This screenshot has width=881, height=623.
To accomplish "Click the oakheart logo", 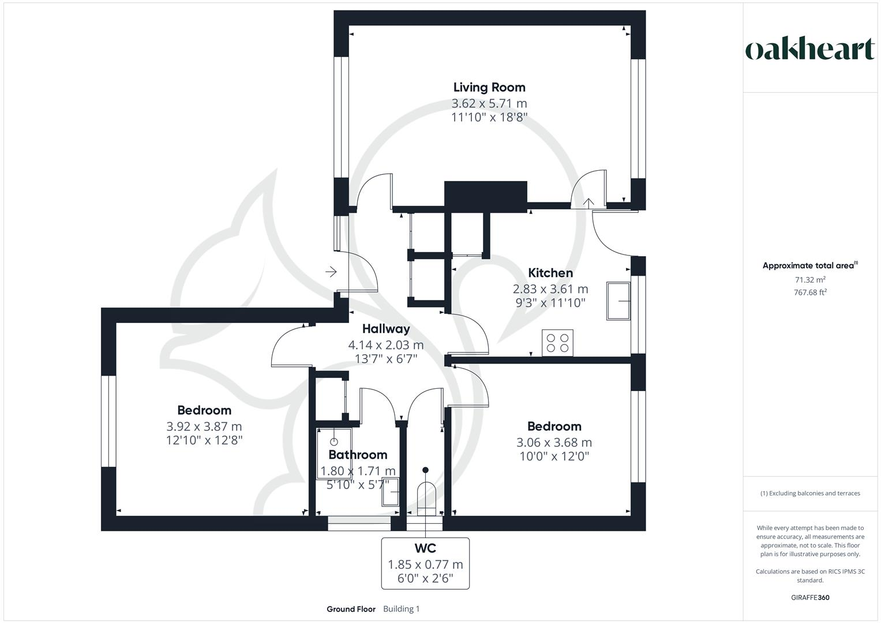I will [x=809, y=50].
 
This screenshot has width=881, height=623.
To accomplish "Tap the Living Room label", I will [x=489, y=88].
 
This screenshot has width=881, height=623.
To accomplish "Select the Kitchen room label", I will [x=550, y=273].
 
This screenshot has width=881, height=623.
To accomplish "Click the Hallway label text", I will [x=386, y=329].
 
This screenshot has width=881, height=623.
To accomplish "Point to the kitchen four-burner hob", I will [x=558, y=342].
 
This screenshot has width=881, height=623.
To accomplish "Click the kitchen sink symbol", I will [x=618, y=301].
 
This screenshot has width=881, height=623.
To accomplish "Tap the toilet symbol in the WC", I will [x=426, y=496].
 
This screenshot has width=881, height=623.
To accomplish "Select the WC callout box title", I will [x=425, y=548].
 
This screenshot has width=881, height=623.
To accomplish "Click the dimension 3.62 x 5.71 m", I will [x=489, y=104].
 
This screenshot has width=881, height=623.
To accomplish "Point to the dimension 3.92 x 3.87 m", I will [x=204, y=426].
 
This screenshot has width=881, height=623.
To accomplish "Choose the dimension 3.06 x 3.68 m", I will [x=554, y=442].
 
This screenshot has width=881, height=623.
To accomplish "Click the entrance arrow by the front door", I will [x=331, y=271].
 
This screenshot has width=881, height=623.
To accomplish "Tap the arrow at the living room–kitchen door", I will [x=588, y=202].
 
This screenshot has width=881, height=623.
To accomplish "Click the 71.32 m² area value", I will [x=810, y=280].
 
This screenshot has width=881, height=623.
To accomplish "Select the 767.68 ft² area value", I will [x=810, y=292].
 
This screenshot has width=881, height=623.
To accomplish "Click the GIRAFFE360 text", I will [x=811, y=598].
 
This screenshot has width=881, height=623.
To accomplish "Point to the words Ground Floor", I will [x=351, y=609].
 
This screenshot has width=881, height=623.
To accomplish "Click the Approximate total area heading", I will [x=809, y=266].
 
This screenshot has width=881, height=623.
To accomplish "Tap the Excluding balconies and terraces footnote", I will [x=810, y=493].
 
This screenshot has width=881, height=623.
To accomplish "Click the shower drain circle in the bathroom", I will [x=333, y=442].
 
